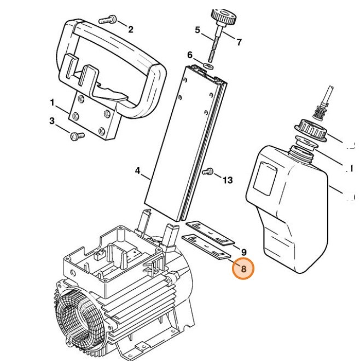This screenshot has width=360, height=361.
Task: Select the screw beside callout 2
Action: [x=107, y=20]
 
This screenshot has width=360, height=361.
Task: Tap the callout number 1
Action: [x=53, y=102]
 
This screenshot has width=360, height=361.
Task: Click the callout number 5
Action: [x=198, y=30]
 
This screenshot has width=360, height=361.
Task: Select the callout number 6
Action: [x=190, y=55]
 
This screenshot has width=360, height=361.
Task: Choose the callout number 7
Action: [x=239, y=42]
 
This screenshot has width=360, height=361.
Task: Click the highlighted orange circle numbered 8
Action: [x=243, y=269]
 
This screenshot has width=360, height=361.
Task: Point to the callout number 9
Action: [x=243, y=251]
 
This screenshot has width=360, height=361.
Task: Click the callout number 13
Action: [x=228, y=179]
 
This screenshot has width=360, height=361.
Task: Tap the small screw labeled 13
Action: [x=207, y=173]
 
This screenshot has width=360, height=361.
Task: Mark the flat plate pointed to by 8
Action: [x=206, y=247]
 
